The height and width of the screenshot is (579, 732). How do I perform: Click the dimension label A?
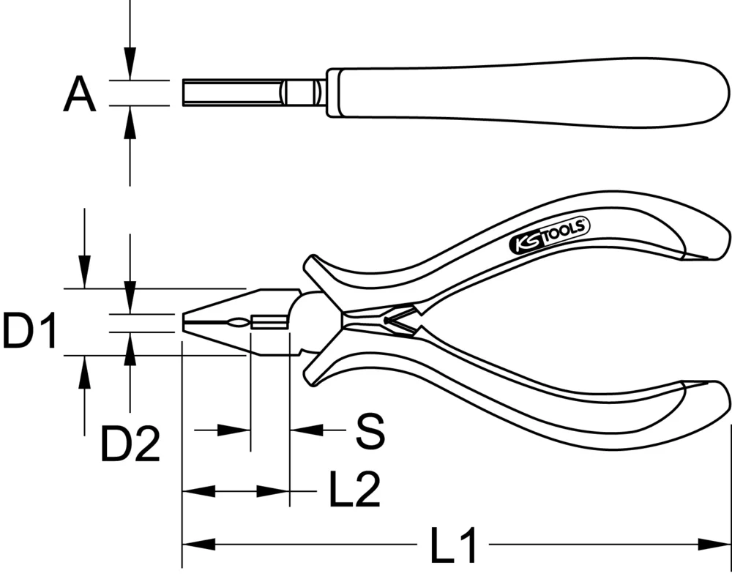(x=80, y=96)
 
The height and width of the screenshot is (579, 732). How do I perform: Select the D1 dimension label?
(x=29, y=331)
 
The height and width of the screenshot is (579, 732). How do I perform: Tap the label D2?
(x=130, y=444)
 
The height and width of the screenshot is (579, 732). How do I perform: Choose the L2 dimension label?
(x=354, y=490)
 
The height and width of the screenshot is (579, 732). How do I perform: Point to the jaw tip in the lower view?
(x=186, y=322)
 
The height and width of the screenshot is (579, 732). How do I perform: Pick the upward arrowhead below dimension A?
(x=130, y=122)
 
